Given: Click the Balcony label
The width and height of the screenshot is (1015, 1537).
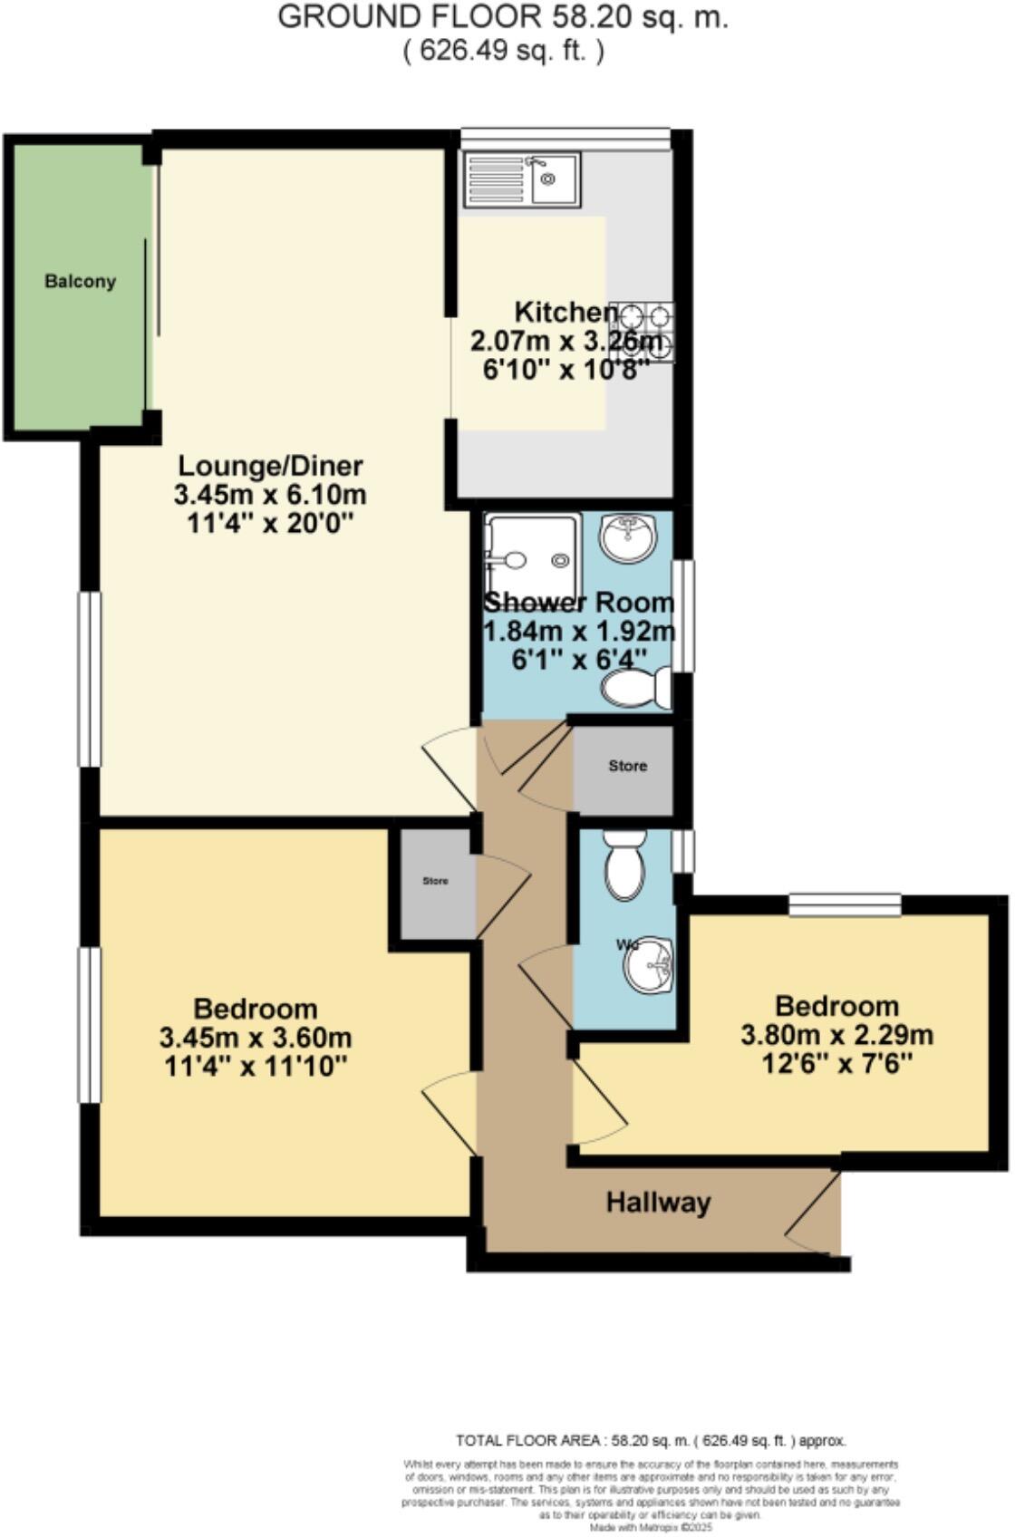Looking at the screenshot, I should tap(81, 281).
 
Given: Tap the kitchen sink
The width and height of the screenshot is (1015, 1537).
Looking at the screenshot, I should tap(521, 179).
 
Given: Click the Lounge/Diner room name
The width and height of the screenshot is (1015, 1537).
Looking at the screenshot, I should tap(270, 466).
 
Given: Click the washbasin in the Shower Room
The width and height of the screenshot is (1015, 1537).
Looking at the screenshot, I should tap(627, 537).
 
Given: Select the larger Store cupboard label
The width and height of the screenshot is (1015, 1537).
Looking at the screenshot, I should tap(627, 766).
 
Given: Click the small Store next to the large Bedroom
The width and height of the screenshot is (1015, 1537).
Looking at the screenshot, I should tap(435, 881).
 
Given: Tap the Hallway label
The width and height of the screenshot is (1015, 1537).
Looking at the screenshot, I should tap(658, 1203).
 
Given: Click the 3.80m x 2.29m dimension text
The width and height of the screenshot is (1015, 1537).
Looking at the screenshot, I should tap(836, 1034).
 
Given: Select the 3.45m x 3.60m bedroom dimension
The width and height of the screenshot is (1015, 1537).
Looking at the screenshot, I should tap(255, 1037).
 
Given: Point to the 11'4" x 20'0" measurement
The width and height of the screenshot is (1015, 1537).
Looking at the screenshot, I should tap(270, 523).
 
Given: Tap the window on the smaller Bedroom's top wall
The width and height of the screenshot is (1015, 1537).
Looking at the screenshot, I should tap(845, 904).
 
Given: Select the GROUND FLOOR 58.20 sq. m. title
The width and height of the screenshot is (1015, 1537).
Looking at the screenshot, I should tap(503, 17).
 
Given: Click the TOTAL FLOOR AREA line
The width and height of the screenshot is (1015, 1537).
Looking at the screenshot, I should tap(651, 1440).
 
